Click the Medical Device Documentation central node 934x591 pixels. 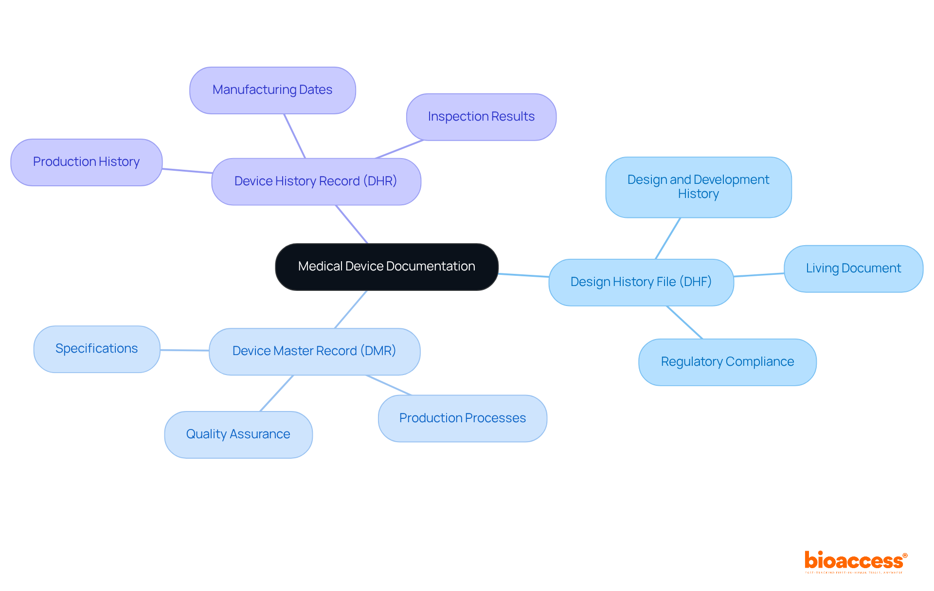click(387, 267)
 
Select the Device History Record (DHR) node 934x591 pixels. click(316, 181)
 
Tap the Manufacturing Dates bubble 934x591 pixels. click(272, 90)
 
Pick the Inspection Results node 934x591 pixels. click(481, 117)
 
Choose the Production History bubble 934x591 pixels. click(86, 162)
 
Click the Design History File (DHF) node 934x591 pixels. click(641, 282)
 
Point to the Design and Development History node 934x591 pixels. click(698, 187)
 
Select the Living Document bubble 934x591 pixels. click(853, 269)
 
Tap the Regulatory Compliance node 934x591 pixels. click(727, 362)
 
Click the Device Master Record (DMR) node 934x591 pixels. click(314, 351)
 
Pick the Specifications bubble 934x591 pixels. click(97, 349)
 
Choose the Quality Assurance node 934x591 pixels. click(238, 434)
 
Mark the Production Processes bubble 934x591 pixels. click(462, 418)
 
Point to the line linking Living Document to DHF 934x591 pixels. click(759, 275)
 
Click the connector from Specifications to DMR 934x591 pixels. click(185, 350)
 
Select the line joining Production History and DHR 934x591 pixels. click(187, 171)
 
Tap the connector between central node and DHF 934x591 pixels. click(523, 275)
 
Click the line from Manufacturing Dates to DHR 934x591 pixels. click(295, 136)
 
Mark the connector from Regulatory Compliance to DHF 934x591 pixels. click(684, 322)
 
